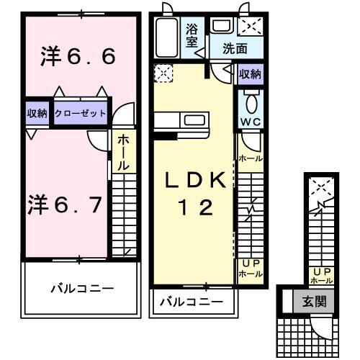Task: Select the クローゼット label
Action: pos(81,113)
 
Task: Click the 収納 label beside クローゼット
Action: pos(37,113)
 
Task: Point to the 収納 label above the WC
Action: pos(250,74)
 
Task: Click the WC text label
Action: pos(251,120)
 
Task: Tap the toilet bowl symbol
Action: pos(251,99)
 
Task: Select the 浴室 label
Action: pos(192,36)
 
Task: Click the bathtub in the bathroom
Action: pos(167,37)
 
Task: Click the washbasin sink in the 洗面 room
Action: pos(221,27)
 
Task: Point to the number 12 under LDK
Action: pos(196,208)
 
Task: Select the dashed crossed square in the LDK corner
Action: pos(163,73)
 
